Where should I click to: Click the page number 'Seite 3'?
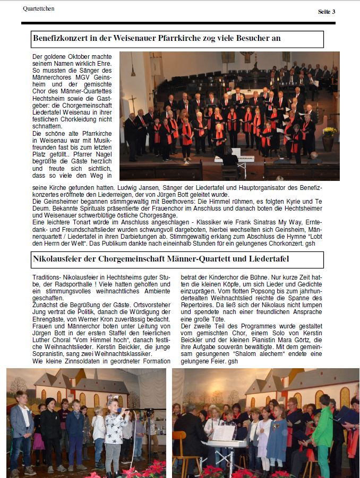[x=327, y=12]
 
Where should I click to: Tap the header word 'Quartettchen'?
[x=39, y=8]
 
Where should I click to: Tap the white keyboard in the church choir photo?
[x=234, y=159]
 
